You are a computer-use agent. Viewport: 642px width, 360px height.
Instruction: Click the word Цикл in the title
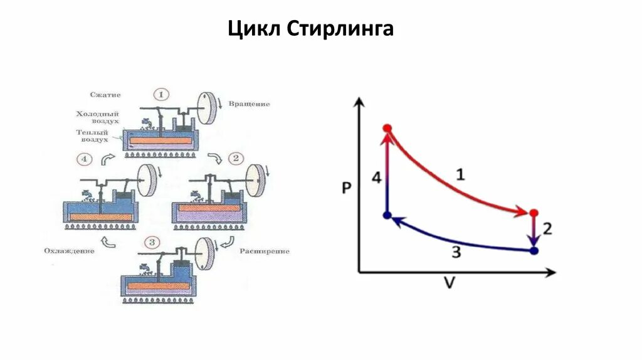click(x=255, y=29)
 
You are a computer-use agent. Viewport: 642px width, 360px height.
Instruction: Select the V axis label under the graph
click(x=449, y=283)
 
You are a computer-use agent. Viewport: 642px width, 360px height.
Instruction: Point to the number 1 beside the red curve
click(x=460, y=175)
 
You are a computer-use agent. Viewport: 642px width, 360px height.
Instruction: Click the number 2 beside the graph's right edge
click(x=547, y=229)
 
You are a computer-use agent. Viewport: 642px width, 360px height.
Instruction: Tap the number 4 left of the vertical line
click(x=376, y=179)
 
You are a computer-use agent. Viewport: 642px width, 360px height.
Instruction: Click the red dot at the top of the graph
click(x=387, y=129)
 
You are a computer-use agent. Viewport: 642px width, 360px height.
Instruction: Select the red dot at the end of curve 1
click(x=534, y=213)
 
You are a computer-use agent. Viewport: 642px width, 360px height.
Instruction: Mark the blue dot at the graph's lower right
click(x=534, y=251)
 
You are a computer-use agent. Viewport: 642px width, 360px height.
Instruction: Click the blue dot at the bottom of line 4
click(x=387, y=215)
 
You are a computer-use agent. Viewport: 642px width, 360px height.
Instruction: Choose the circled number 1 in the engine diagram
click(x=161, y=95)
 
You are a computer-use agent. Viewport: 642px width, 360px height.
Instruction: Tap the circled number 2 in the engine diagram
click(x=235, y=158)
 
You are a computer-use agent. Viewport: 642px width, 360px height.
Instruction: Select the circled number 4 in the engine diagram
click(x=85, y=159)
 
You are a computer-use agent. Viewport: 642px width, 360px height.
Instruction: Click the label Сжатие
click(x=105, y=95)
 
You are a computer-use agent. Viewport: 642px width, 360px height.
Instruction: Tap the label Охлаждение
click(x=69, y=251)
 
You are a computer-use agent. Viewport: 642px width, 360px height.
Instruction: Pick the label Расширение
click(x=264, y=251)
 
